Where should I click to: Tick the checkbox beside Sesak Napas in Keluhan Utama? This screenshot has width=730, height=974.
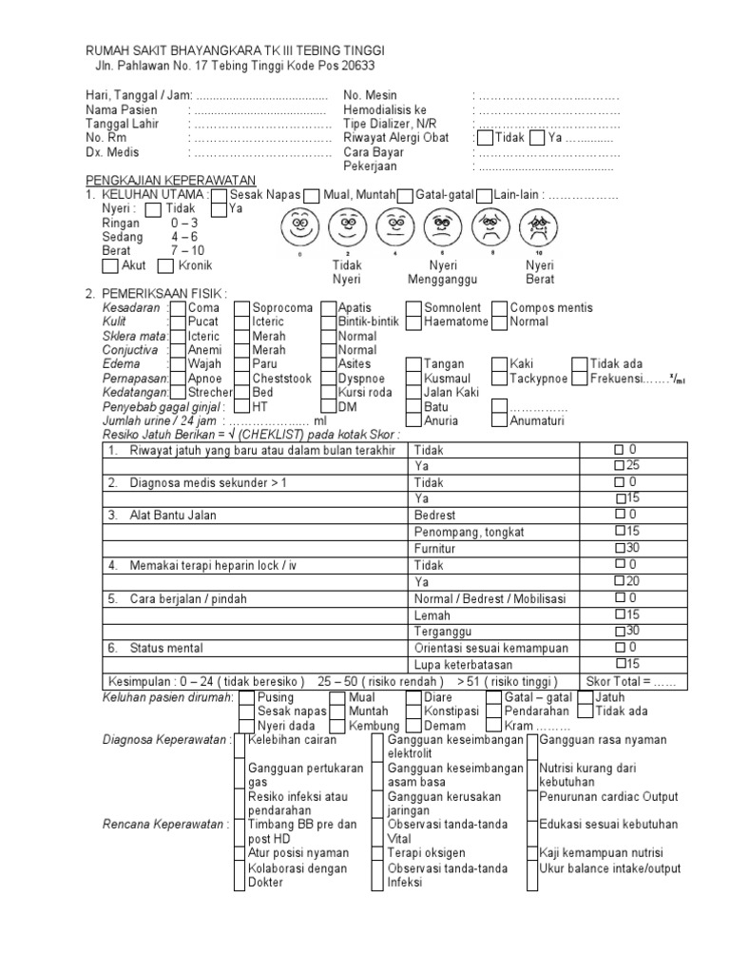pos(220,195)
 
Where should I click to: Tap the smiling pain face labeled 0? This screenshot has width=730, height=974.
pos(299,227)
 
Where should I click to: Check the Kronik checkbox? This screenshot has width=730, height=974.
pos(165,265)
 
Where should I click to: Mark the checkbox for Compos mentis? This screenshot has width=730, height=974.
pos(497,308)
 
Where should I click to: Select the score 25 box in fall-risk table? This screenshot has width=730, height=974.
pos(620,465)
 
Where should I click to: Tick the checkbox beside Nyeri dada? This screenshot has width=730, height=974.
pos(246,726)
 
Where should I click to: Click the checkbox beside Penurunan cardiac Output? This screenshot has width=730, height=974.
pos(533,797)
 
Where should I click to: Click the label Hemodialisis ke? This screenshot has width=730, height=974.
pos(379,109)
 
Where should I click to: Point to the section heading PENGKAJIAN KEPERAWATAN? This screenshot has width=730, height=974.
pos(171,181)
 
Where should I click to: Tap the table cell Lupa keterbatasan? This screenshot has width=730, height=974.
pos(461,664)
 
